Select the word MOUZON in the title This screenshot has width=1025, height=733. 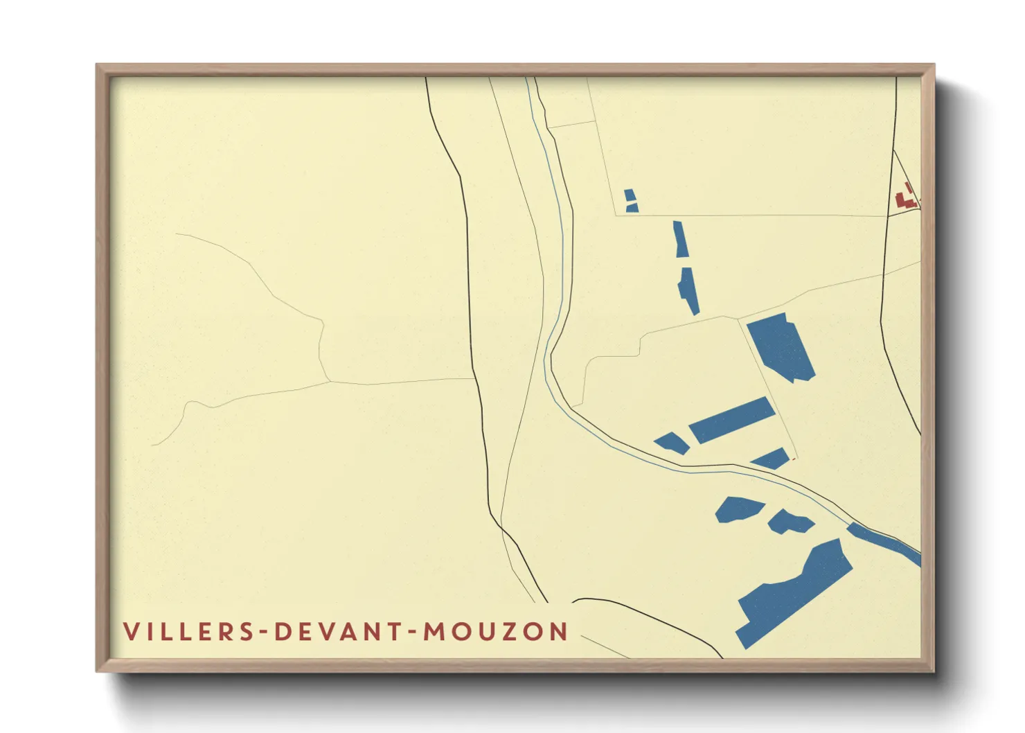point(496,632)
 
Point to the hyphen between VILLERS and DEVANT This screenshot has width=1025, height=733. point(265,632)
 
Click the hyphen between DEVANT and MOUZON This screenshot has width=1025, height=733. point(413,632)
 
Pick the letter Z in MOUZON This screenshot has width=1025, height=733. point(513,632)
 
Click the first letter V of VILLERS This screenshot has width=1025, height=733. point(130,632)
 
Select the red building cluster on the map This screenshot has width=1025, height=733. point(906,196)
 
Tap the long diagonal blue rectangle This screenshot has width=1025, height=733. point(731,420)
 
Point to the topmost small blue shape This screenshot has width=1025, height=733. point(630,200)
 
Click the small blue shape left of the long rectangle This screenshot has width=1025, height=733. point(672,443)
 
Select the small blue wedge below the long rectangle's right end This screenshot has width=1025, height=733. point(771,459)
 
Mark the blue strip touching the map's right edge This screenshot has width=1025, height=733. point(883,542)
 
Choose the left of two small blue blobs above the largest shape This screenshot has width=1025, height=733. point(738,509)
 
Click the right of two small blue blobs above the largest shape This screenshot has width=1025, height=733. point(790,521)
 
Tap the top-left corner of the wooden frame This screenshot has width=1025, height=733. point(98,66)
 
